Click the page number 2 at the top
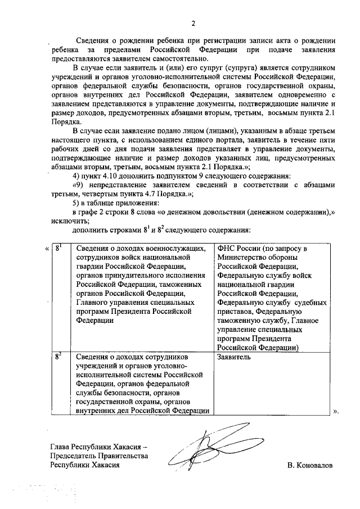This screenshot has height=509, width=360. pos(193,23)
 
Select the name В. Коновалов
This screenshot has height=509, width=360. pos(309,466)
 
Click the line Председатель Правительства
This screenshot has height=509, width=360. pos(99,456)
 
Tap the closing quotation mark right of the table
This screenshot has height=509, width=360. pos(336,411)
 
